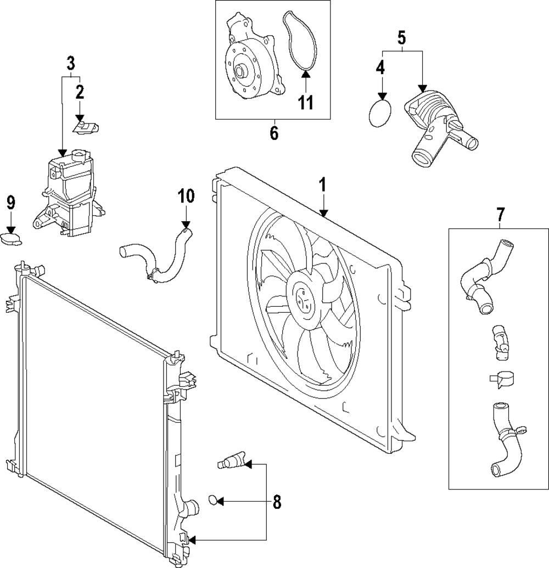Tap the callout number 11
tap(306, 102)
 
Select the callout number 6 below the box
tap(274, 133)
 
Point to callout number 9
tap(11, 203)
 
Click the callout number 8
tap(277, 501)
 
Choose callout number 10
tap(186, 196)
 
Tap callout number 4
tap(381, 68)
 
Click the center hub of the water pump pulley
tap(241, 71)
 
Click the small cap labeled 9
tap(11, 239)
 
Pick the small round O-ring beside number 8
tap(213, 500)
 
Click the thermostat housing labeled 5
tap(439, 126)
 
